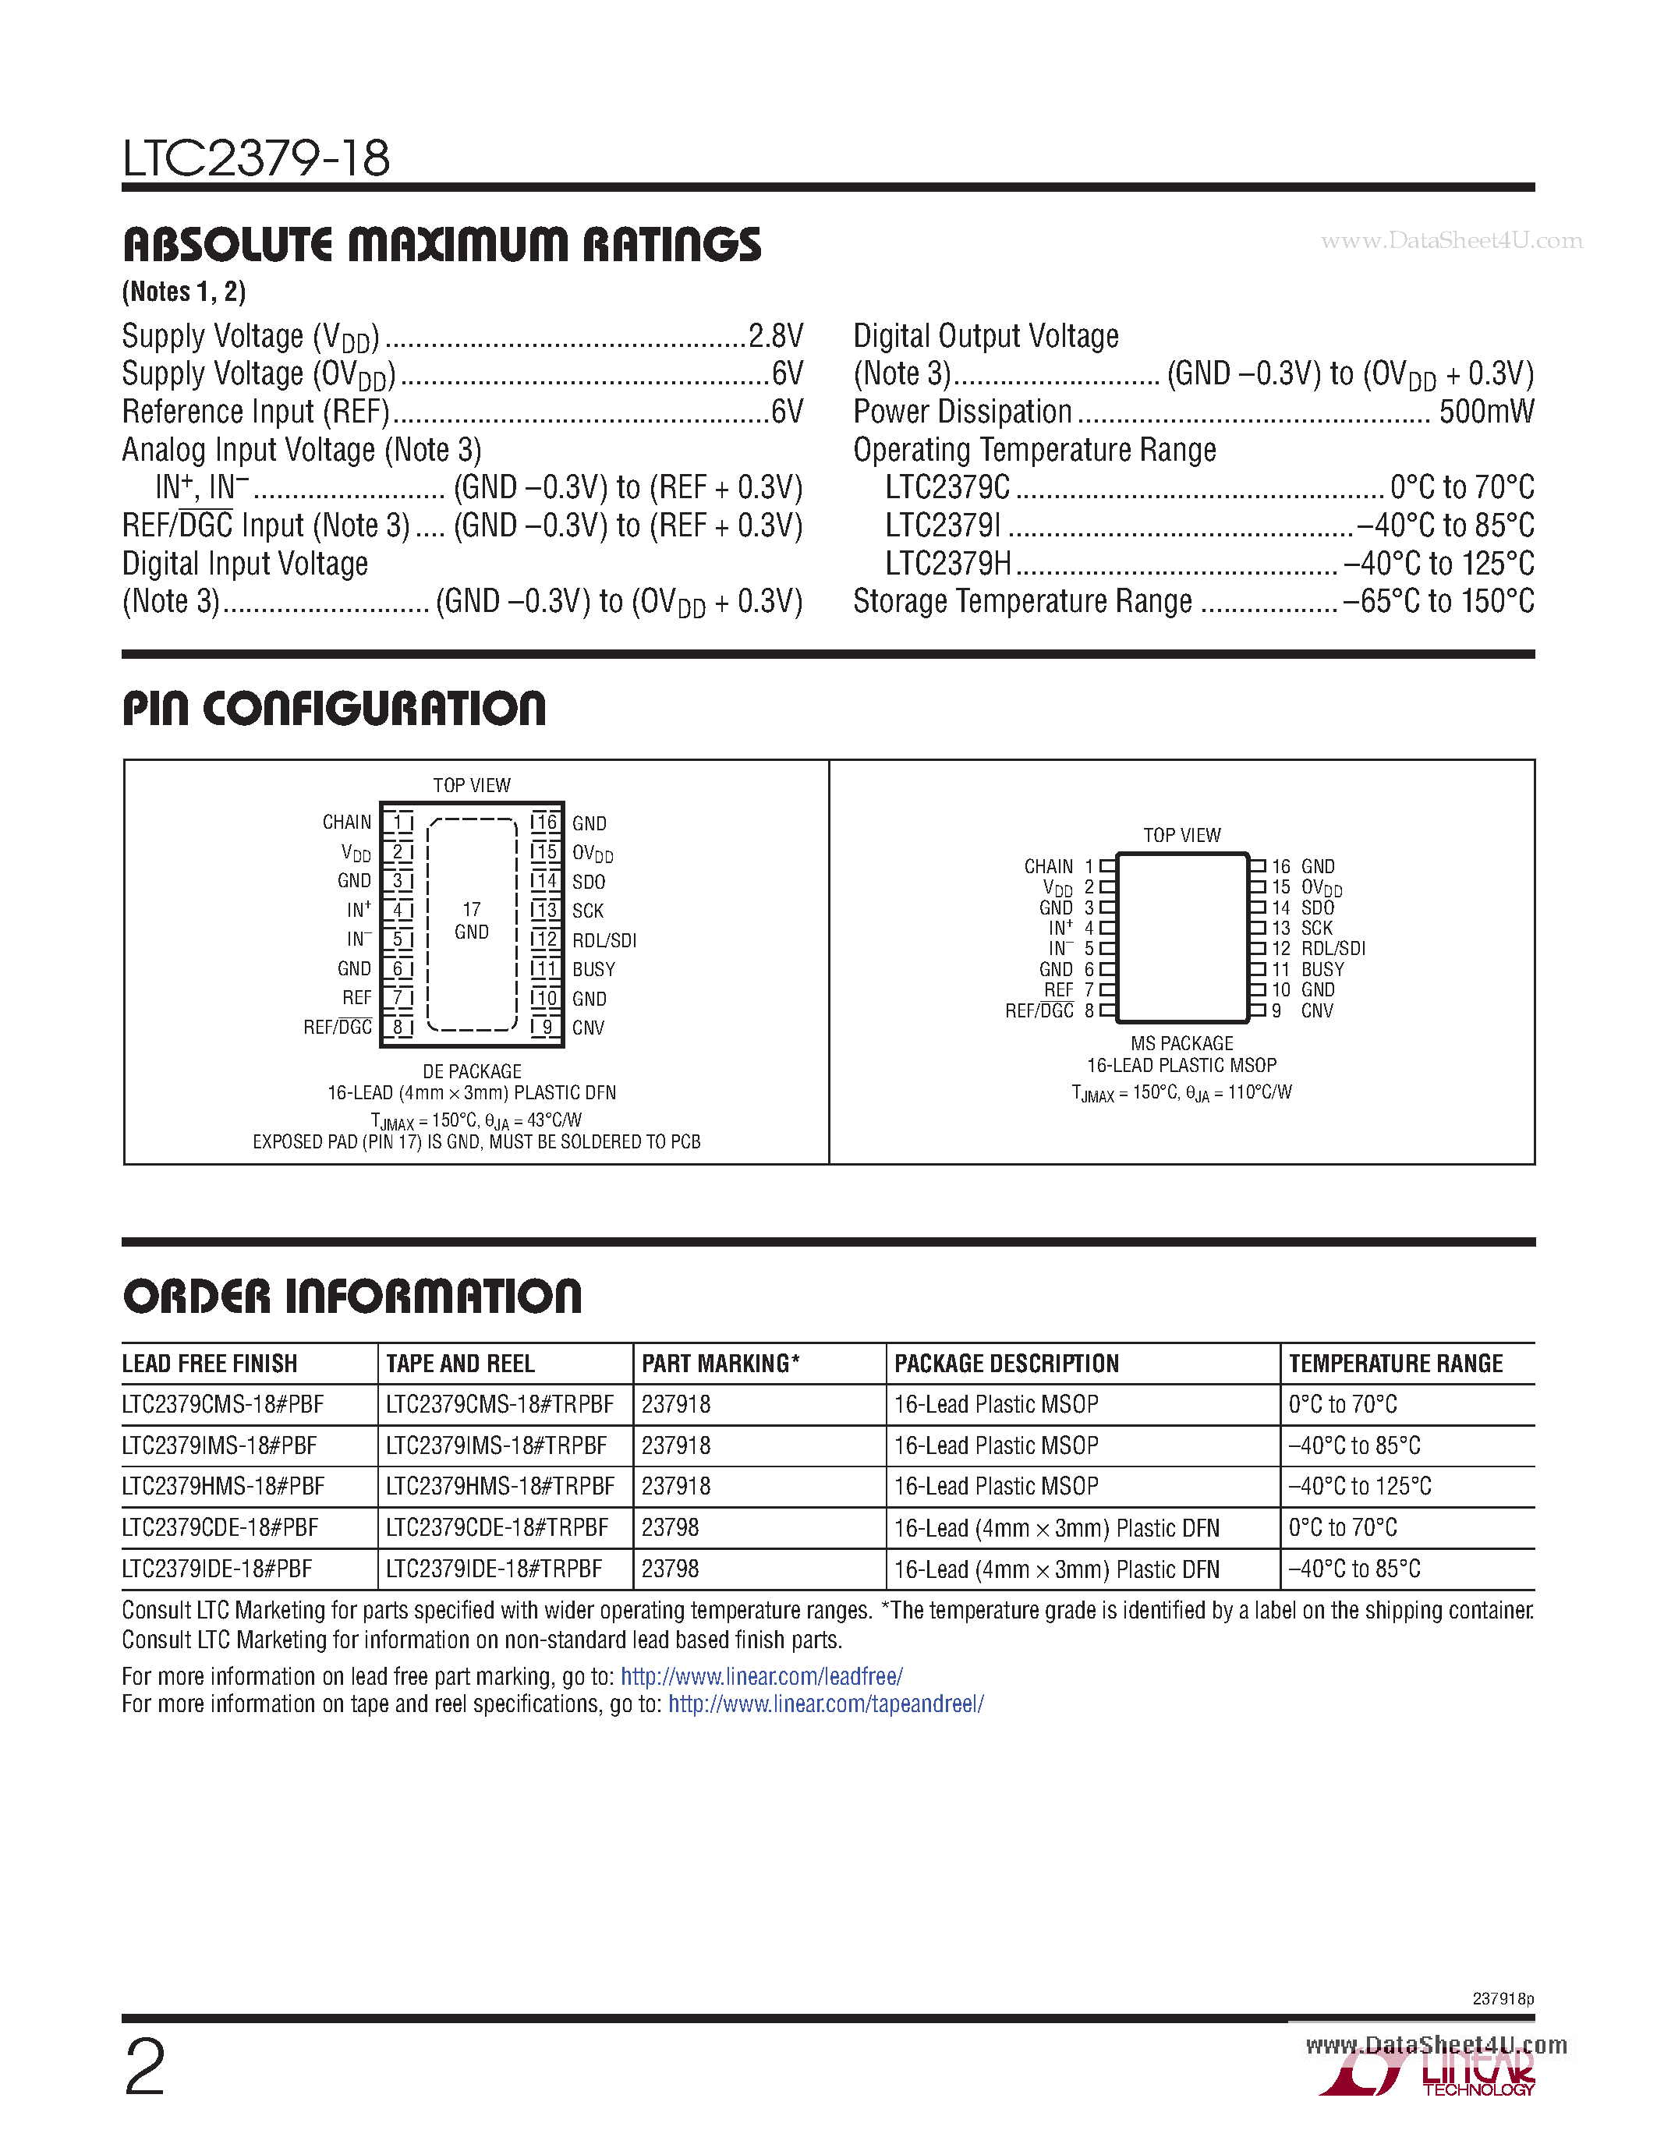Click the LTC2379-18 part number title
257,158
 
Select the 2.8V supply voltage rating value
776,337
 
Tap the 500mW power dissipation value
1485,412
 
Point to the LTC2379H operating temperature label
947,564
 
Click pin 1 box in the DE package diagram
398,823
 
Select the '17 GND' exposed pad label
471,921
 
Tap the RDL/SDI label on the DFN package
604,940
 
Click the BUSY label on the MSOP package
1322,970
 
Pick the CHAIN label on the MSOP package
1047,867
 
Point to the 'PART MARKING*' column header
720,1364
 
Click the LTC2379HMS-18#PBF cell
223,1486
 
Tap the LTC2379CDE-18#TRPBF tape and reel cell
497,1527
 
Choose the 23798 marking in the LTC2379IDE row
670,1569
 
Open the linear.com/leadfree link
761,1677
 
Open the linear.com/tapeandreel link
826,1704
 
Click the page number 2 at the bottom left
145,2068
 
